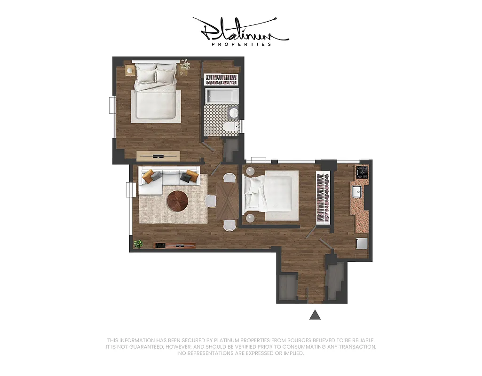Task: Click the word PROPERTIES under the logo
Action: coord(241,44)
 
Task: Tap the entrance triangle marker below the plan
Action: coord(315,315)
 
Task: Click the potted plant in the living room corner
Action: coord(138,243)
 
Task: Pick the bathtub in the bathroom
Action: coord(222,96)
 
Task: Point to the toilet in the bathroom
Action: coord(230,126)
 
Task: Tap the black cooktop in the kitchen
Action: coord(362,172)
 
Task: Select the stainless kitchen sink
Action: coord(356,191)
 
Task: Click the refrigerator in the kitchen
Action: coord(361,243)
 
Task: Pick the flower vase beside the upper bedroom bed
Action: coord(185,65)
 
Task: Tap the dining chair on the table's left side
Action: coord(211,201)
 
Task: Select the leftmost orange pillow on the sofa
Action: coord(148,176)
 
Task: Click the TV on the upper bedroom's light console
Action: coord(158,156)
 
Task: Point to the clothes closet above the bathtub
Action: coord(221,78)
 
